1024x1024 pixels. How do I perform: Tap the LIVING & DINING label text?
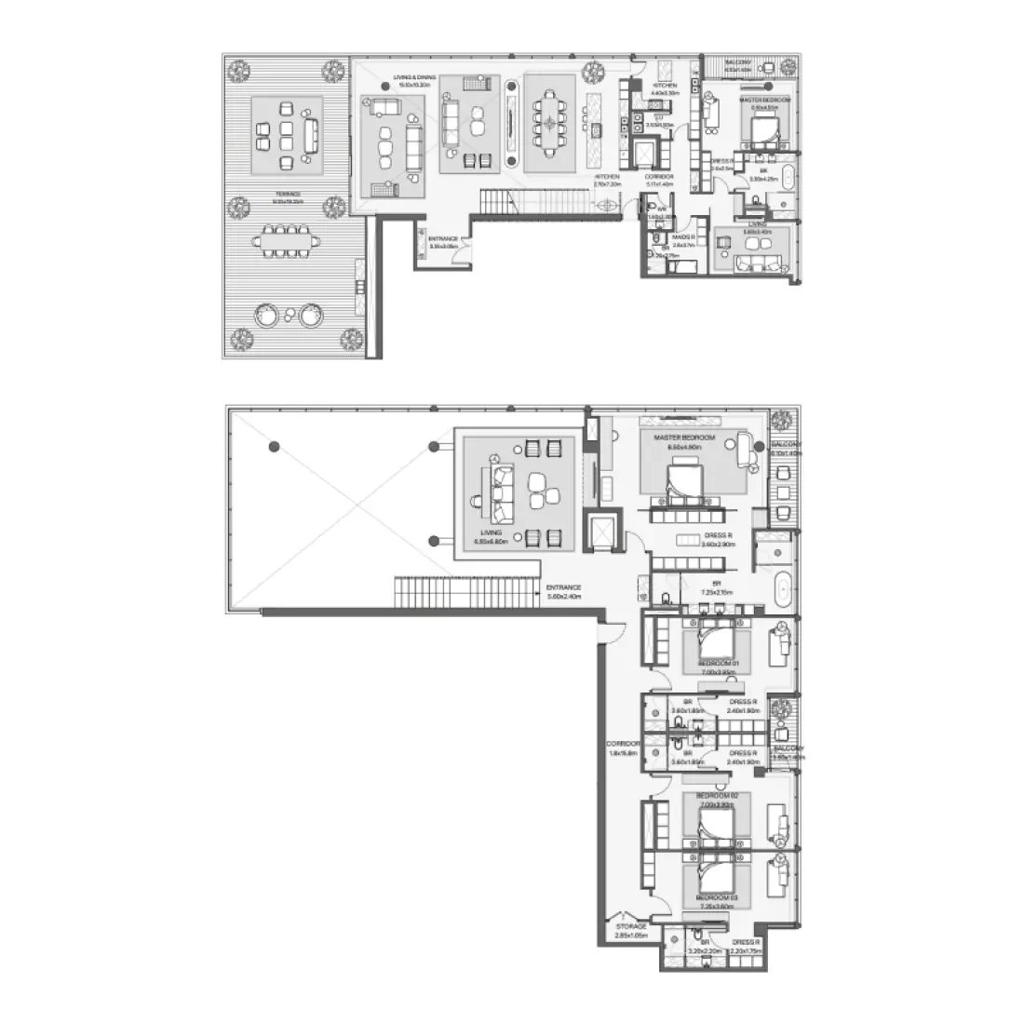pos(398,80)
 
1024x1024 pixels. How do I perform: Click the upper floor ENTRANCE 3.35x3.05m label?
pos(443,242)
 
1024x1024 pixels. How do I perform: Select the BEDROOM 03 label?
pos(717,899)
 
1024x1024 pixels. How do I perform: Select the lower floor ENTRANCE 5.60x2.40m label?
pos(564,592)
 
